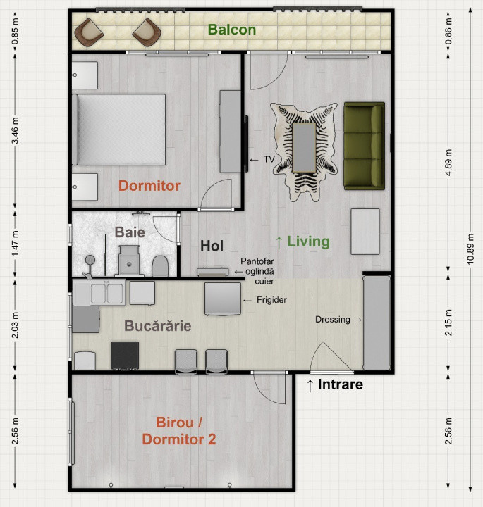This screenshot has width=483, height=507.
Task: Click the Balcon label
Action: click(x=231, y=30)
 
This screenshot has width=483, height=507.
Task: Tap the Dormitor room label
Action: click(x=149, y=186)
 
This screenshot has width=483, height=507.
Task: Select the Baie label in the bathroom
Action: click(x=130, y=231)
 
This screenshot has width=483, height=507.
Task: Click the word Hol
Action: click(x=212, y=246)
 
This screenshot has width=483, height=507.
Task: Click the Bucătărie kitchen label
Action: click(x=157, y=327)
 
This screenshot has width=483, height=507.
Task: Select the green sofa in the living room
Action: click(x=364, y=146)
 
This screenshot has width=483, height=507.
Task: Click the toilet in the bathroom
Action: click(x=160, y=265)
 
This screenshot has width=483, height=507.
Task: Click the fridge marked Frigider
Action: click(x=222, y=299)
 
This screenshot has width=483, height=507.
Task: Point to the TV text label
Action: click(x=269, y=160)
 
